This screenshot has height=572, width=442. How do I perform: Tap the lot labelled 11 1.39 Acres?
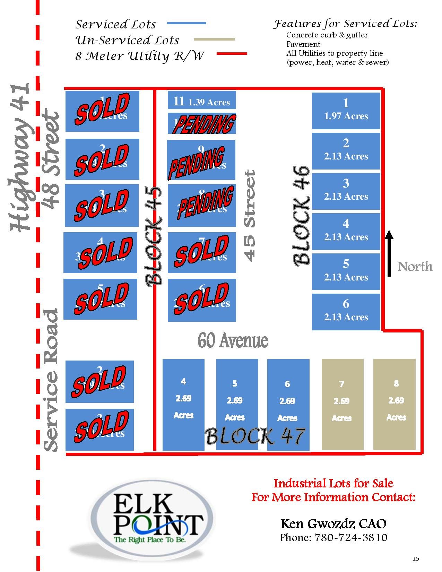201,101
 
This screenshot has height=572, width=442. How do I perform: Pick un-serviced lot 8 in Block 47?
395,404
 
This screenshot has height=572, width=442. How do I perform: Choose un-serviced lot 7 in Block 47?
343,404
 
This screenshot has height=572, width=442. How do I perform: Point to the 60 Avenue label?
233,341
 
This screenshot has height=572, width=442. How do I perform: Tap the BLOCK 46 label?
301,216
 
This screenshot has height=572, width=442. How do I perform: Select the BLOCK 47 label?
255,436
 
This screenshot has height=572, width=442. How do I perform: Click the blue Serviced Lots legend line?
187,23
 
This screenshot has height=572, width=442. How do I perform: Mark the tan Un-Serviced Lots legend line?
214,40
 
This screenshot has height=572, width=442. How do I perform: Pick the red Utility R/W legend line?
232,54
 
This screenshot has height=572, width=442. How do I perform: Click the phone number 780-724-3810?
333,538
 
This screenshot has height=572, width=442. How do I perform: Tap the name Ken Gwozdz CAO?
333,523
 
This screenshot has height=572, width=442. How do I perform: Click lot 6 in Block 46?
346,311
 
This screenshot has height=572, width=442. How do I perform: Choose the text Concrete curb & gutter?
327,35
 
